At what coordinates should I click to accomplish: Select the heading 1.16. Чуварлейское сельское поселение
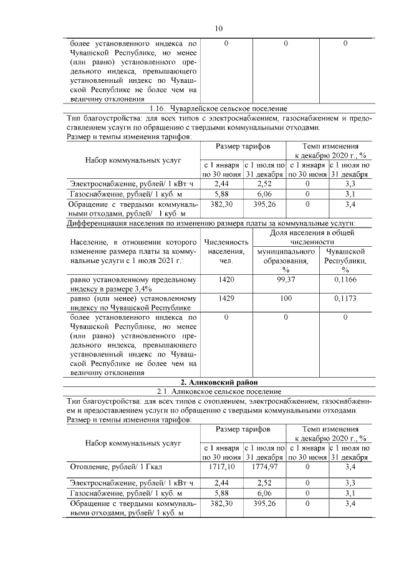218,108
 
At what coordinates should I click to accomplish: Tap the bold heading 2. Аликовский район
218,381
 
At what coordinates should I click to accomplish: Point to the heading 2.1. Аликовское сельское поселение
218,391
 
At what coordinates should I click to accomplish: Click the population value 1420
227,280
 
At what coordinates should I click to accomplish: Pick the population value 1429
227,299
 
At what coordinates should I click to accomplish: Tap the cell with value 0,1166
345,280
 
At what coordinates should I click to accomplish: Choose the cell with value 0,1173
345,299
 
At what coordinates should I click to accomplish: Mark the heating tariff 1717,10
222,466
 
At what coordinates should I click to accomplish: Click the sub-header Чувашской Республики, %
345,260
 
